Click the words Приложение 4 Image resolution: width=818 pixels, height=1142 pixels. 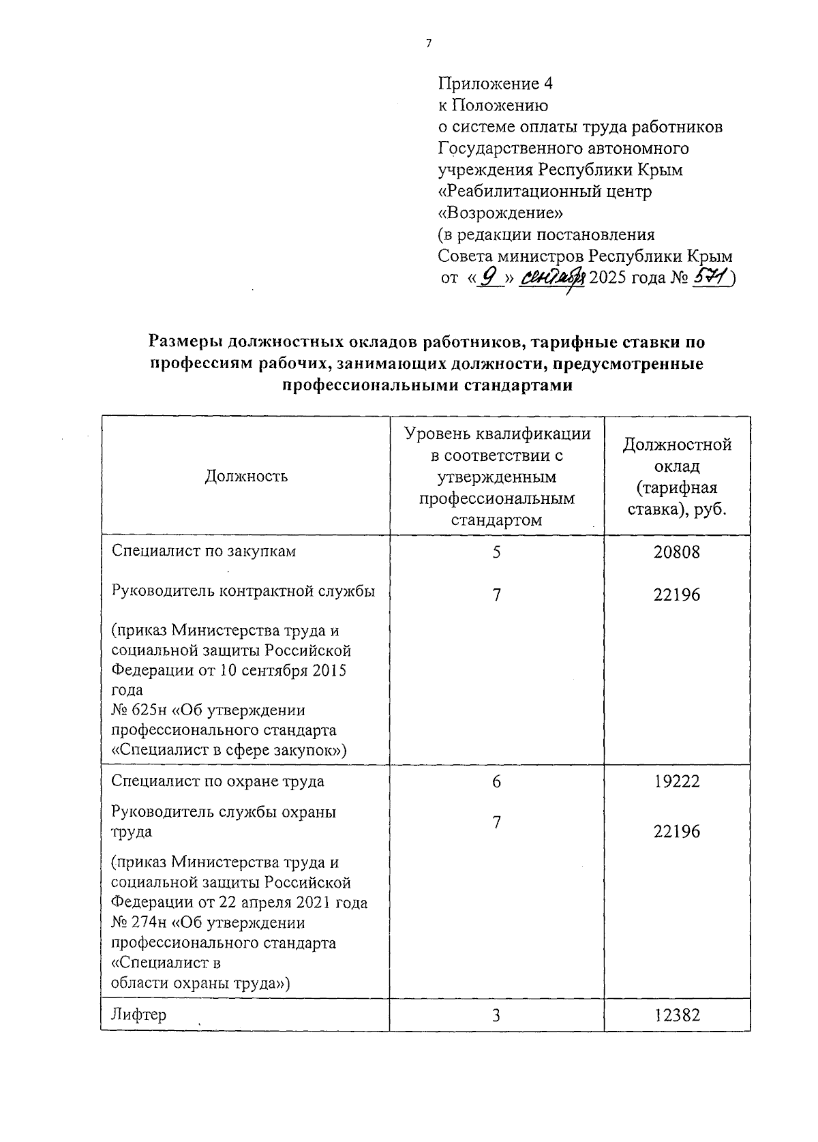click(x=494, y=84)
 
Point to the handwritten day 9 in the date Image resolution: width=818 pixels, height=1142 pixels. click(x=488, y=277)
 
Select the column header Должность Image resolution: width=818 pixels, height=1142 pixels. click(x=246, y=476)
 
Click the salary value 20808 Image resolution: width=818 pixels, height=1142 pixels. click(x=676, y=552)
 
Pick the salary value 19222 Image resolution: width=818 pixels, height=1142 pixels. click(x=676, y=782)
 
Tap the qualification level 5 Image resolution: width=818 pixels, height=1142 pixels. click(x=496, y=552)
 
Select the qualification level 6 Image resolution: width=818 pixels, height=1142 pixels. click(x=496, y=782)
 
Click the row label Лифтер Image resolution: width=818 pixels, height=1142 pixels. click(x=138, y=1015)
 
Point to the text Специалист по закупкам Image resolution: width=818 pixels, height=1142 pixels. click(x=204, y=552)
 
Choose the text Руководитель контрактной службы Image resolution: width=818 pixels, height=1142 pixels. click(x=243, y=591)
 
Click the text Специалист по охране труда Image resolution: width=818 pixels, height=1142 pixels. click(x=217, y=781)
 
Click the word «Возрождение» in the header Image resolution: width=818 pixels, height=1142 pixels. click(x=500, y=213)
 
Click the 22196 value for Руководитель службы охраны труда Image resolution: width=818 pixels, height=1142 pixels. click(x=676, y=832)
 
